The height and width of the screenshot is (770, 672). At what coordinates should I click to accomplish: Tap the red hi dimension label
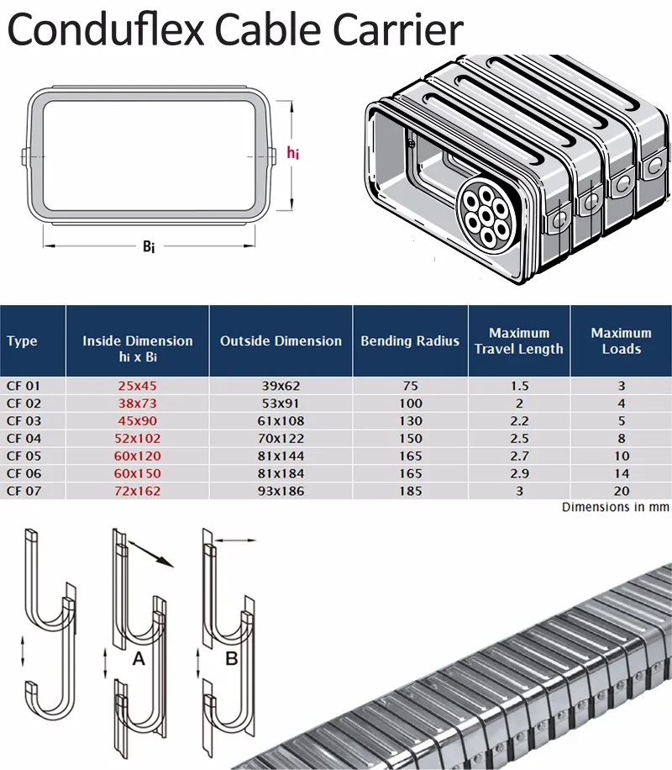[292, 153]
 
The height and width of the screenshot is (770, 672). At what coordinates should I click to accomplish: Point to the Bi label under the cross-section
[148, 247]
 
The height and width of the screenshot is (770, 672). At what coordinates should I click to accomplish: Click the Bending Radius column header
[410, 341]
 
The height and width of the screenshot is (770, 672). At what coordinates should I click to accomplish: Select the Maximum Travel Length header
[518, 341]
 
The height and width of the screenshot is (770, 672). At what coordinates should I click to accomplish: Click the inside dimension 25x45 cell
[138, 386]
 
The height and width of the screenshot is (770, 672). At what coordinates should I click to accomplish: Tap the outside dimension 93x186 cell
[281, 491]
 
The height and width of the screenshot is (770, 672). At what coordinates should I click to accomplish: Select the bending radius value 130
[411, 420]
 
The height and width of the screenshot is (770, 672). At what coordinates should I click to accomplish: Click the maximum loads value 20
[621, 491]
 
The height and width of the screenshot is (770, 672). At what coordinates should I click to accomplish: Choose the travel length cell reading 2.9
[518, 473]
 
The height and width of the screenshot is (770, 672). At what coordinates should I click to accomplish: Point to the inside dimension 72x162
[138, 491]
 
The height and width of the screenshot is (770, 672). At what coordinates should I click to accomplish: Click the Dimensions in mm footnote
[615, 507]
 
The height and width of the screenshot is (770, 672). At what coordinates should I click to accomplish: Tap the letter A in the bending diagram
[139, 660]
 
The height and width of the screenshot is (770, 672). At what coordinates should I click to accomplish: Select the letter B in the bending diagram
[231, 660]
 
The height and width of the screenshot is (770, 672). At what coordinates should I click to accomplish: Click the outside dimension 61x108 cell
[281, 420]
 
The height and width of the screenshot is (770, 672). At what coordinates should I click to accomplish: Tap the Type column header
[22, 341]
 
